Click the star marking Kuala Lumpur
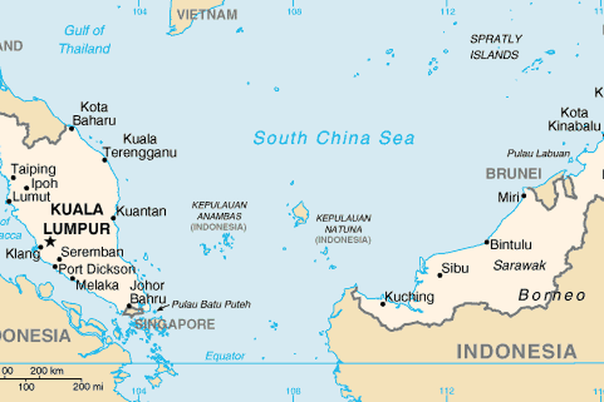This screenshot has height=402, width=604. coord(50,241)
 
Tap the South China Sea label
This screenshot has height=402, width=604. coord(334,138)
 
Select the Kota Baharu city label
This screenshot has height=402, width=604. coord(94,114)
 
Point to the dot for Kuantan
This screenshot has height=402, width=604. coord(113,217)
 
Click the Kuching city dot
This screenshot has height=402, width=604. coord(383,304)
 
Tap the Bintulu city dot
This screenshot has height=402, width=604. coord(486,243)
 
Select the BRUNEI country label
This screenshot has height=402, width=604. coord(513,174)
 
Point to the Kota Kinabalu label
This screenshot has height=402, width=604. coord(574,120)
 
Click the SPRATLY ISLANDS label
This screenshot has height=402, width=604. coord(495,47)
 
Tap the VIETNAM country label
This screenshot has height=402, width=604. coord(207,14)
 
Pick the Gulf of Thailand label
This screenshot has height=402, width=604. coord(84,39)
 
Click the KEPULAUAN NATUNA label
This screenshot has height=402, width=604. coord(344,228)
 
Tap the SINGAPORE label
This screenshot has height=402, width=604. coord(175,324)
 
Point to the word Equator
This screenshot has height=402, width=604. coord(225,355)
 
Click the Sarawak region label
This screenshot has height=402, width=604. coord(519,265)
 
